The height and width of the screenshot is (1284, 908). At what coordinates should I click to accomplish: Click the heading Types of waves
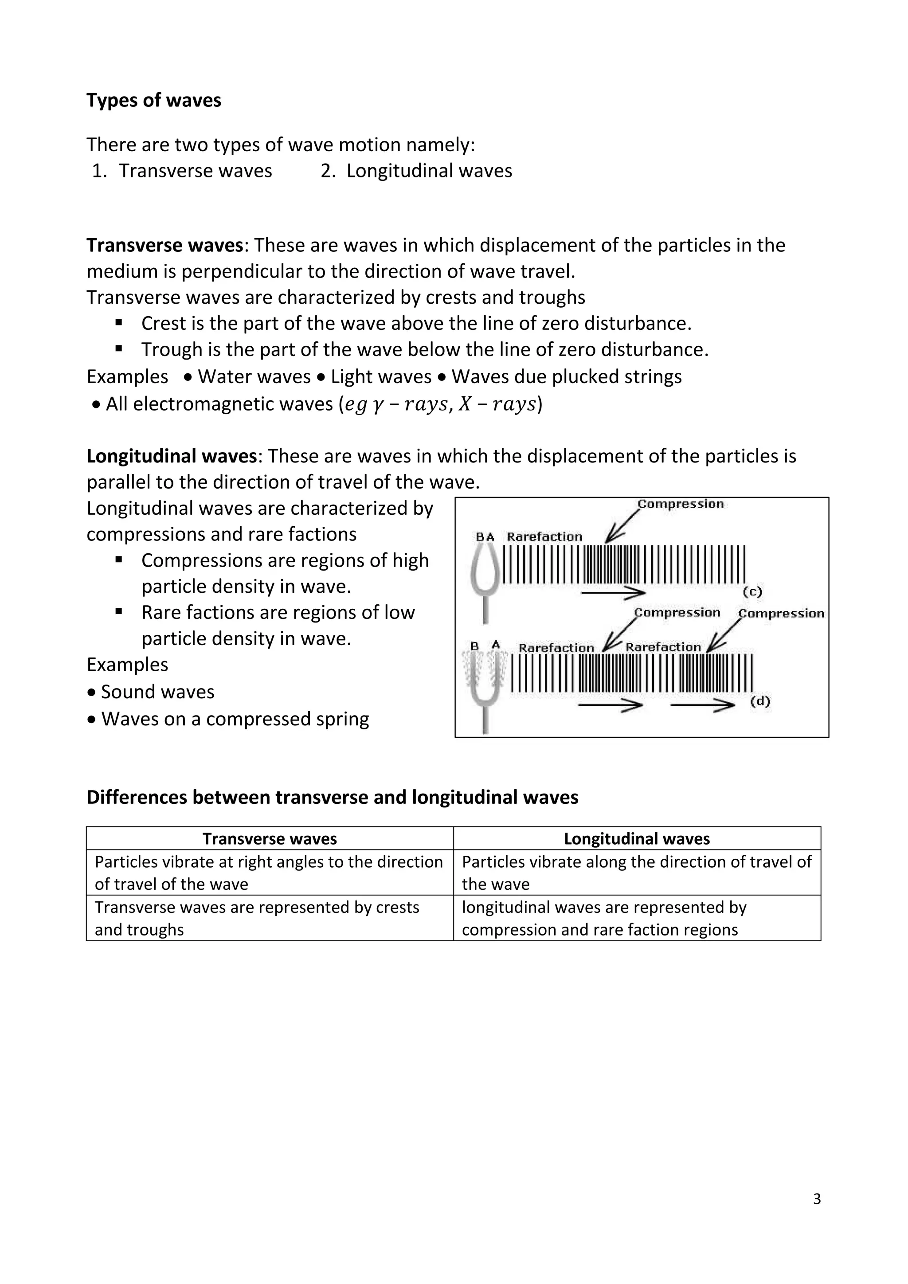click(154, 100)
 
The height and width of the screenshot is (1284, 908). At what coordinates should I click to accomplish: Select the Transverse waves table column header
click(270, 838)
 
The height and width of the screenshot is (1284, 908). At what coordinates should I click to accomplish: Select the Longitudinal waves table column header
click(637, 838)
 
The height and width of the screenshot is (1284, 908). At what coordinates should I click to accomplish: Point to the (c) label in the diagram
click(752, 591)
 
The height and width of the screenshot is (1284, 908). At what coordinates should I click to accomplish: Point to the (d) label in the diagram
click(760, 701)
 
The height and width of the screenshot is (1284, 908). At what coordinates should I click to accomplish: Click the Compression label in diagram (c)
click(681, 504)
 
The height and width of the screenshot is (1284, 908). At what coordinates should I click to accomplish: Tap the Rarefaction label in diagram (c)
click(544, 537)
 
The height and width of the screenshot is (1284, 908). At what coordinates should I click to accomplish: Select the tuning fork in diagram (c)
click(485, 582)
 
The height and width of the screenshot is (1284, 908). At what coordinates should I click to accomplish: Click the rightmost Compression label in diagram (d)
click(781, 614)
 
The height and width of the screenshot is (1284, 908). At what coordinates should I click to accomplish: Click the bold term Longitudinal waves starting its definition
click(172, 456)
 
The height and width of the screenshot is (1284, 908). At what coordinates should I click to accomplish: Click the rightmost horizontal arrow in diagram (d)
click(703, 706)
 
